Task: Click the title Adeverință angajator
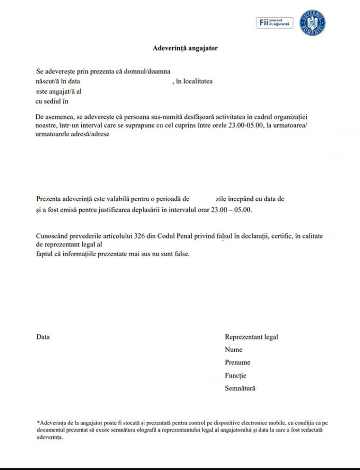pos(185,48)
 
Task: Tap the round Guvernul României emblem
pos(316,23)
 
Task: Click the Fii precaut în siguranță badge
pos(275,23)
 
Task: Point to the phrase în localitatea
pos(194,81)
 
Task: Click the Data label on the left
pos(43,337)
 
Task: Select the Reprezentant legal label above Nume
pos(251,337)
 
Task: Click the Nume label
pos(234,350)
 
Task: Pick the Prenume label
pos(237,363)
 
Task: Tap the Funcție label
pos(235,376)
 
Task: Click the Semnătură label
pos(240,388)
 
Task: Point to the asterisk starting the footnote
pos(38,422)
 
